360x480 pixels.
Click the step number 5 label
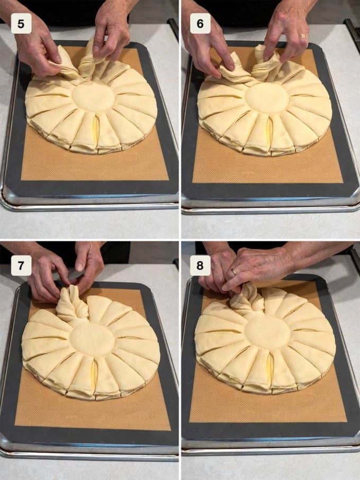tap(21, 24)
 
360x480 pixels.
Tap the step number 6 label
tap(200, 24)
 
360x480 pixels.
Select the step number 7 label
tap(21, 266)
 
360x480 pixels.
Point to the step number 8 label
tap(200, 266)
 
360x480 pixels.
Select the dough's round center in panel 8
tap(267, 333)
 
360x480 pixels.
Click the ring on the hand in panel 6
tap(303, 36)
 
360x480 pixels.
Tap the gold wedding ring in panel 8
tap(233, 271)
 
